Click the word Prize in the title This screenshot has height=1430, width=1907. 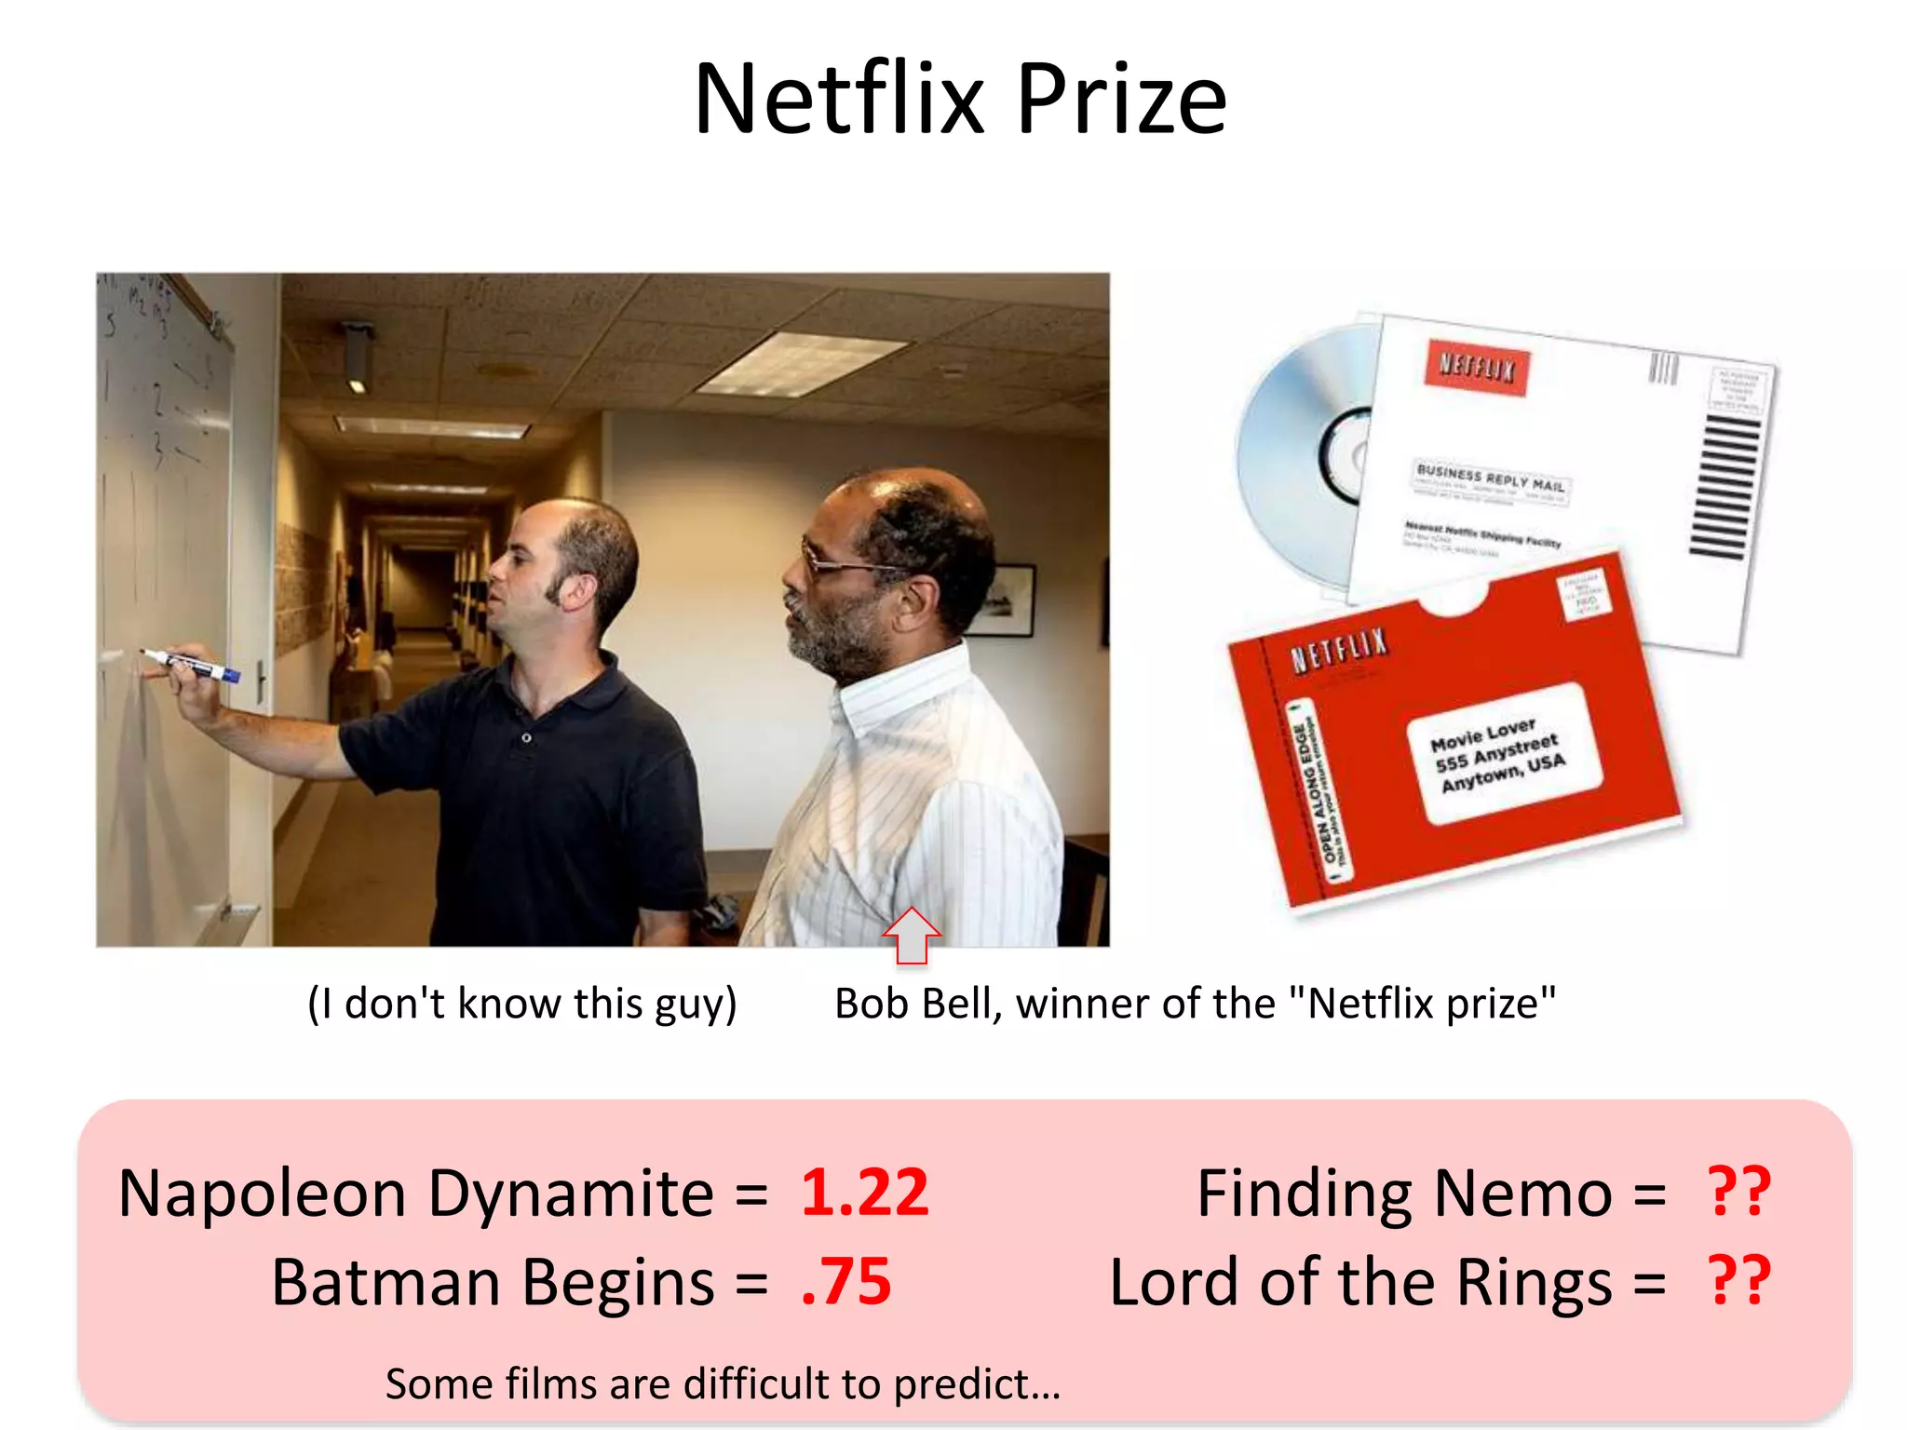(1121, 100)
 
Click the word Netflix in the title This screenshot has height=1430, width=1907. (839, 100)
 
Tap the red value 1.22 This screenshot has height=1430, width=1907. (864, 1193)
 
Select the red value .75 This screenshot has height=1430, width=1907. (845, 1282)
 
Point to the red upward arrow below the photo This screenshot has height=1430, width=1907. (912, 935)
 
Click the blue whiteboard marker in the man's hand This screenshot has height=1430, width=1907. (194, 665)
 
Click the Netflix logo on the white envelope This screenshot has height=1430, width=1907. (1477, 368)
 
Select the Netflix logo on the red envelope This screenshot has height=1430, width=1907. (1339, 649)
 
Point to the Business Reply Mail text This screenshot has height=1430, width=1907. (1490, 479)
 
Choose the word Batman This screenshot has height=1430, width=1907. (385, 1283)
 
